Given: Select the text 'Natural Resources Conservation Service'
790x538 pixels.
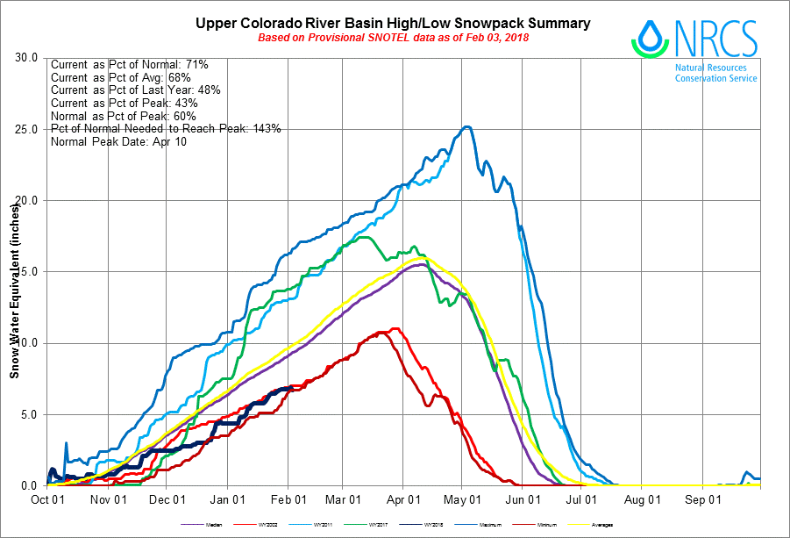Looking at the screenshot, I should point(715,72).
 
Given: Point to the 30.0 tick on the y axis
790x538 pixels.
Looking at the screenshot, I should point(27,58).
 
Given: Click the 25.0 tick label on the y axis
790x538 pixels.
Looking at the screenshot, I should point(27,129).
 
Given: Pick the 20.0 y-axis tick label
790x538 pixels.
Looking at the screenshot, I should point(27,200).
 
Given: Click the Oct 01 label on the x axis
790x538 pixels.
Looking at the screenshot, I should point(46,500).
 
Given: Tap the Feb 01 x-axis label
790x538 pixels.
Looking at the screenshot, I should point(288,500).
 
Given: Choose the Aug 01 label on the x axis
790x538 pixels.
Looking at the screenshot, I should point(643,500).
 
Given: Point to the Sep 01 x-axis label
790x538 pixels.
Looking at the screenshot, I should point(703,500).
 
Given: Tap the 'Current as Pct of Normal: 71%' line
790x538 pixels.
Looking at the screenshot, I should point(128,64).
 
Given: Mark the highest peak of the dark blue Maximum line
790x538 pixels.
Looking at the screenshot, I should point(467,127).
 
